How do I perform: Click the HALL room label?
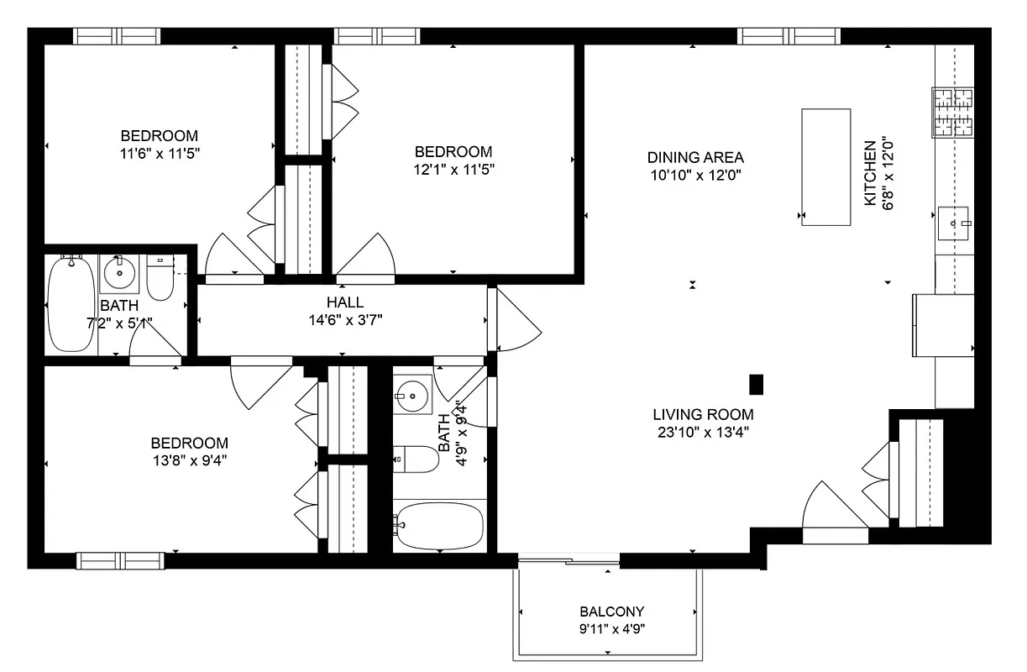(x=345, y=302)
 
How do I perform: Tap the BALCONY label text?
(x=611, y=612)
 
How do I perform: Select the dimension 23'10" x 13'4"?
(x=703, y=433)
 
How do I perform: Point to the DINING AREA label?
(x=695, y=157)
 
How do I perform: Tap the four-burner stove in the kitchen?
(x=952, y=113)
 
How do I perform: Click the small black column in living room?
(x=756, y=384)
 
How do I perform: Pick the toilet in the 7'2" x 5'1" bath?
(x=160, y=278)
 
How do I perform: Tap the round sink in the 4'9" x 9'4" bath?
(x=412, y=392)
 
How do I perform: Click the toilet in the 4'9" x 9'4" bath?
(x=416, y=459)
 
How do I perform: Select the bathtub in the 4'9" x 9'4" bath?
(x=438, y=526)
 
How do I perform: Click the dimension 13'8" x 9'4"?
(x=189, y=459)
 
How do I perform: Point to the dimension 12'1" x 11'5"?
(x=453, y=169)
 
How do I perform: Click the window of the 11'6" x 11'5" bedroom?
(x=116, y=36)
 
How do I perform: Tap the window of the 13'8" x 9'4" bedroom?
(x=120, y=560)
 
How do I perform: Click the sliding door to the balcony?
(x=569, y=559)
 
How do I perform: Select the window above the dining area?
(x=789, y=36)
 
